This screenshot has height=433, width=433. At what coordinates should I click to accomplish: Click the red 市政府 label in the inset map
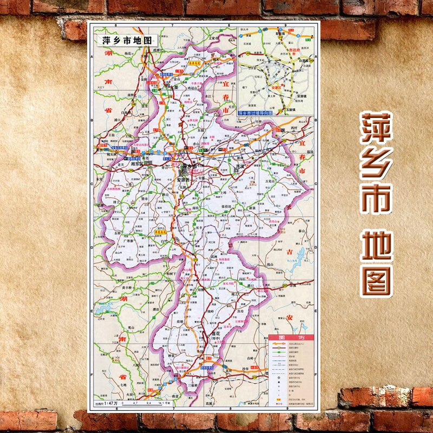tap(294, 49)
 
